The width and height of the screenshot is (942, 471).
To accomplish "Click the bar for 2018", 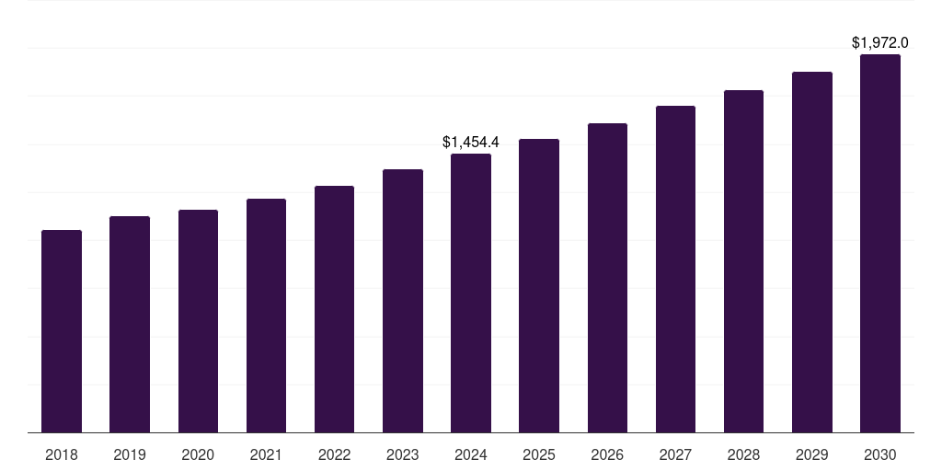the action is (62, 331).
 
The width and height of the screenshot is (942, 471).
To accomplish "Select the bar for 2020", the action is (198, 321).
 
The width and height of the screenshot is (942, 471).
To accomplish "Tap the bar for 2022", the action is (334, 309).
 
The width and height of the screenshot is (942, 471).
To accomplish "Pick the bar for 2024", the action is (471, 293).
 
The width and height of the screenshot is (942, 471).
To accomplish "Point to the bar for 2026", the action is (607, 278).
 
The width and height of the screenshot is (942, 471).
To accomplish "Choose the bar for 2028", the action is (743, 261).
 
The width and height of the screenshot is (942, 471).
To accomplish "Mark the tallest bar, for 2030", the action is (880, 243).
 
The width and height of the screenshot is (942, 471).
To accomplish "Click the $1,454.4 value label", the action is (471, 142).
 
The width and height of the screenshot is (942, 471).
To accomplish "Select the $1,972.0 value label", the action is (880, 42).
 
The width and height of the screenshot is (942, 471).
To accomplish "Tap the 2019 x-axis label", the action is (130, 454).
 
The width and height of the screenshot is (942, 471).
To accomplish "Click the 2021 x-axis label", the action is (266, 454).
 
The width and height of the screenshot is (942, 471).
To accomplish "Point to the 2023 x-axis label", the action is (403, 454).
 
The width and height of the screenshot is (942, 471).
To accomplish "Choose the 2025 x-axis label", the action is (539, 454).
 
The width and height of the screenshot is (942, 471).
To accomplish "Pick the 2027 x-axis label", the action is (675, 454).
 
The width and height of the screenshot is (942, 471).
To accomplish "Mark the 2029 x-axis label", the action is (812, 454).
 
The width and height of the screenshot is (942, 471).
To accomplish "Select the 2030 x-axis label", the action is (880, 454).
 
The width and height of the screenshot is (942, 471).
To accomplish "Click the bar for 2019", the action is (130, 325).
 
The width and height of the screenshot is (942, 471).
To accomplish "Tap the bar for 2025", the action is (539, 285).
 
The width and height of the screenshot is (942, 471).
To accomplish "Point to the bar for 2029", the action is (812, 252).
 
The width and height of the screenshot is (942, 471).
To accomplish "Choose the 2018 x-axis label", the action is (62, 454).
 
